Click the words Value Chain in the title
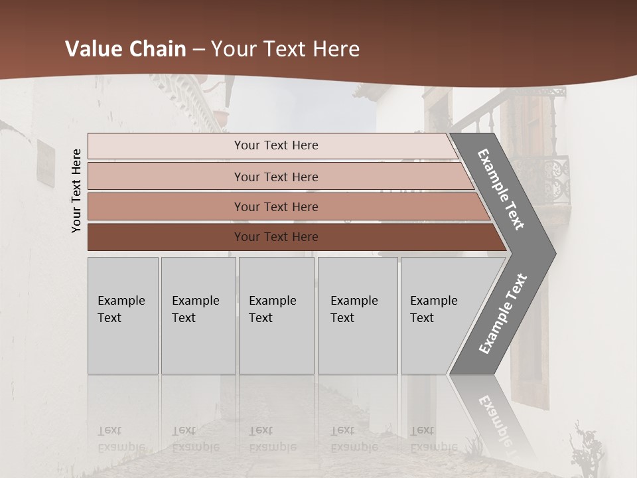[125, 49]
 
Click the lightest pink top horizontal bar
[275, 145]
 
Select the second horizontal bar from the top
[275, 177]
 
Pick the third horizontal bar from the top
[275, 206]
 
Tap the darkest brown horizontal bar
[275, 237]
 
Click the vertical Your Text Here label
[76, 191]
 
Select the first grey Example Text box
[123, 315]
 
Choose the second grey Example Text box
[198, 315]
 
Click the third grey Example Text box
[276, 315]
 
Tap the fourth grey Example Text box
[358, 315]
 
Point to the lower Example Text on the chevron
[503, 313]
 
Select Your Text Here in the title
[285, 49]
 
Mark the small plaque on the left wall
[46, 163]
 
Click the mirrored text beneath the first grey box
[121, 438]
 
